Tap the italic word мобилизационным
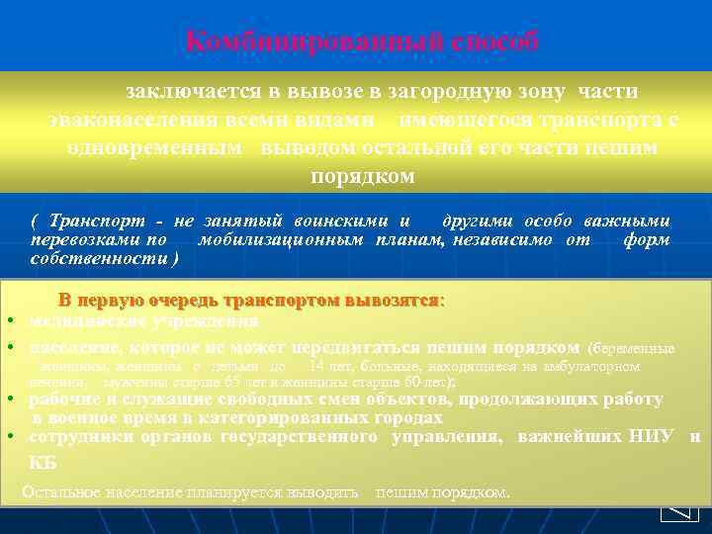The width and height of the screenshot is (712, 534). click(282, 240)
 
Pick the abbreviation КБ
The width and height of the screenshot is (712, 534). click(43, 463)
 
